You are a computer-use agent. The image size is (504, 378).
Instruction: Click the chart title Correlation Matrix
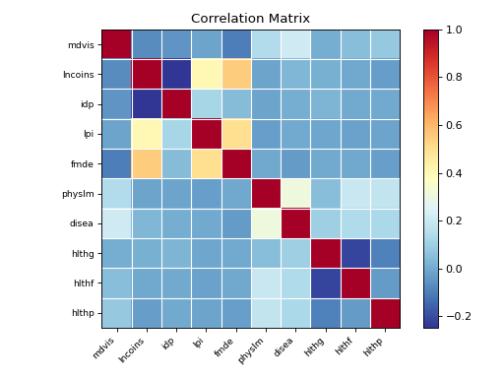[250, 19]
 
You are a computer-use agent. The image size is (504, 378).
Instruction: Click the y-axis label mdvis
[82, 44]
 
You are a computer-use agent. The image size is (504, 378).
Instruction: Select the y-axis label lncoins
[79, 75]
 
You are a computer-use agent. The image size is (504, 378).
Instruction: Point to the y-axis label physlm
[80, 194]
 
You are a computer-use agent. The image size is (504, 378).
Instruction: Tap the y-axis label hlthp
[83, 313]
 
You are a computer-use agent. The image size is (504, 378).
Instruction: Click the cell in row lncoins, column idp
[176, 75]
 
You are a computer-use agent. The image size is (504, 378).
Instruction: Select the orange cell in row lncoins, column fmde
[235, 75]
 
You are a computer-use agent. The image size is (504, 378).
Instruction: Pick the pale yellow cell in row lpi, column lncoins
[146, 134]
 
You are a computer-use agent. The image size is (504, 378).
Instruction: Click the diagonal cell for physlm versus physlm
[266, 194]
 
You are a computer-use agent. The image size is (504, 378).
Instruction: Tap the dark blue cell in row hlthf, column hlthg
[325, 283]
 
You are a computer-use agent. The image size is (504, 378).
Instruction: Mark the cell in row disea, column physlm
[266, 223]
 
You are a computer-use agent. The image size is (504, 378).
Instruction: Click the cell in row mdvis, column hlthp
[385, 44]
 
